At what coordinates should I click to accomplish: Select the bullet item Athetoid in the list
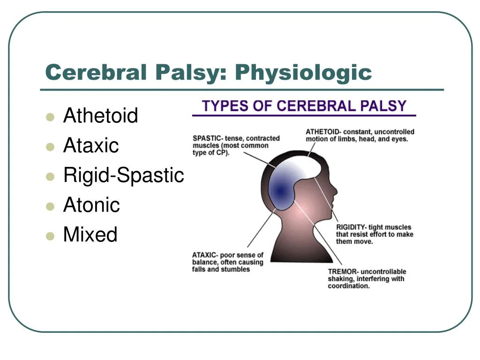click(100, 115)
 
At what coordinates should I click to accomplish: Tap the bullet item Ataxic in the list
click(91, 145)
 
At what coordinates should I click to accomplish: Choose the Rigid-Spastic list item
click(124, 175)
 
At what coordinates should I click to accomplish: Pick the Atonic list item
click(91, 204)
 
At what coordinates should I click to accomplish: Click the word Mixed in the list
click(90, 234)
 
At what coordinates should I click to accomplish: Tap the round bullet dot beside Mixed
click(50, 236)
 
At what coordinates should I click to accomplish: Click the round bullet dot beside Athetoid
click(50, 117)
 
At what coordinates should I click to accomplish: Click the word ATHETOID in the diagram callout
click(322, 132)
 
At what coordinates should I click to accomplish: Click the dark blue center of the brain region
click(280, 191)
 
